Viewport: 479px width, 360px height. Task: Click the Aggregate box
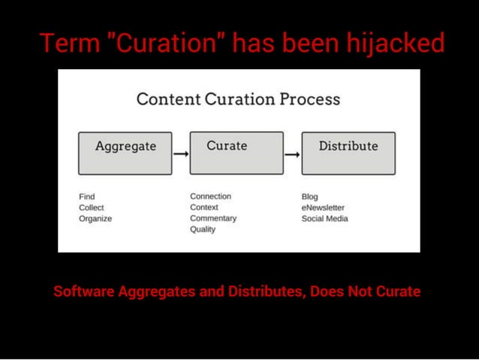pyautogui.click(x=125, y=153)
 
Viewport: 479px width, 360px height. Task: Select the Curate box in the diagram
pyautogui.click(x=236, y=153)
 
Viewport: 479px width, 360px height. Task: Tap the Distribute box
pyautogui.click(x=348, y=153)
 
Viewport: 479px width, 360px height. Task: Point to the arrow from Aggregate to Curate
pyautogui.click(x=180, y=153)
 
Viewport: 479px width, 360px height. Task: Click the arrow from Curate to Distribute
pyautogui.click(x=292, y=154)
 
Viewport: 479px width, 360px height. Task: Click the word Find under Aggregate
pyautogui.click(x=86, y=197)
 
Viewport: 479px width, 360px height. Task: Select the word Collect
pyautogui.click(x=91, y=207)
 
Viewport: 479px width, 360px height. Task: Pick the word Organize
pyautogui.click(x=95, y=219)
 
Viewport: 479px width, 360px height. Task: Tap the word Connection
pyautogui.click(x=210, y=196)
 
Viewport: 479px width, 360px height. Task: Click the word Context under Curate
pyautogui.click(x=203, y=207)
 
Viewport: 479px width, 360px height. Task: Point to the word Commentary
pyautogui.click(x=212, y=218)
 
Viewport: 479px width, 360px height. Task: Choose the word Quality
pyautogui.click(x=202, y=229)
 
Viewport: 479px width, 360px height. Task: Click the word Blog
pyautogui.click(x=309, y=197)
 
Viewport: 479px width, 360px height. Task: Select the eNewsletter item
pyautogui.click(x=323, y=207)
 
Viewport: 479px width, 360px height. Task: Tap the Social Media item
pyautogui.click(x=324, y=219)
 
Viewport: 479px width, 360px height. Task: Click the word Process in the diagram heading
pyautogui.click(x=309, y=99)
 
